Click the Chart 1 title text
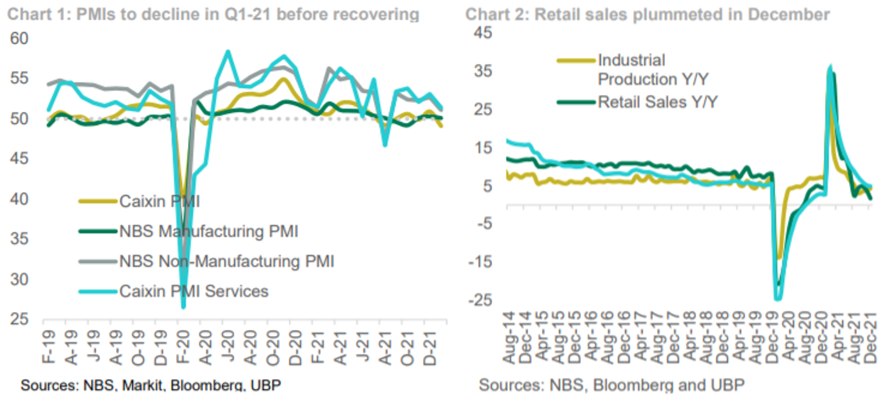click(x=213, y=14)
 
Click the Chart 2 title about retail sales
click(x=647, y=14)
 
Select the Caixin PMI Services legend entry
click(x=193, y=291)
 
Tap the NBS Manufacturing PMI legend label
click(x=208, y=231)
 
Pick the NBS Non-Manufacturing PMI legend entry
click(x=226, y=261)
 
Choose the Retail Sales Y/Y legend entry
click(x=657, y=102)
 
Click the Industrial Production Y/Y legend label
click(x=652, y=69)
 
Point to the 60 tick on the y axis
click(x=19, y=39)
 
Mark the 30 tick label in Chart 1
click(x=19, y=279)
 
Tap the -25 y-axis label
click(x=480, y=300)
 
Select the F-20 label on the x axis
click(x=183, y=347)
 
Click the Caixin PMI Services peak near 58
click(x=228, y=52)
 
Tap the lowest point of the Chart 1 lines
click(x=183, y=307)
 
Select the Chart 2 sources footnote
click(x=611, y=385)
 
